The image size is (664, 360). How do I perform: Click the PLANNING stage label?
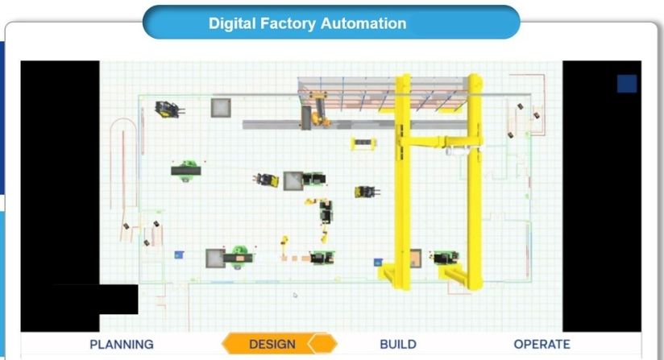121,344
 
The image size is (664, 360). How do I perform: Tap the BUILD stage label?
397,344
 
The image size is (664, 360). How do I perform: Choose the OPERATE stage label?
542,344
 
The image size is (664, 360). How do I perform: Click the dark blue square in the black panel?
626,84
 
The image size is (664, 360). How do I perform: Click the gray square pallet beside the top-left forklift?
221,108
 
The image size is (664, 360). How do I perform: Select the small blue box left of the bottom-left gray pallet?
178,255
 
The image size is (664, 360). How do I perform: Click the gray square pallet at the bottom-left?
215,259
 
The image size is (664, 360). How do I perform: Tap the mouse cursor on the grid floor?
295,296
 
